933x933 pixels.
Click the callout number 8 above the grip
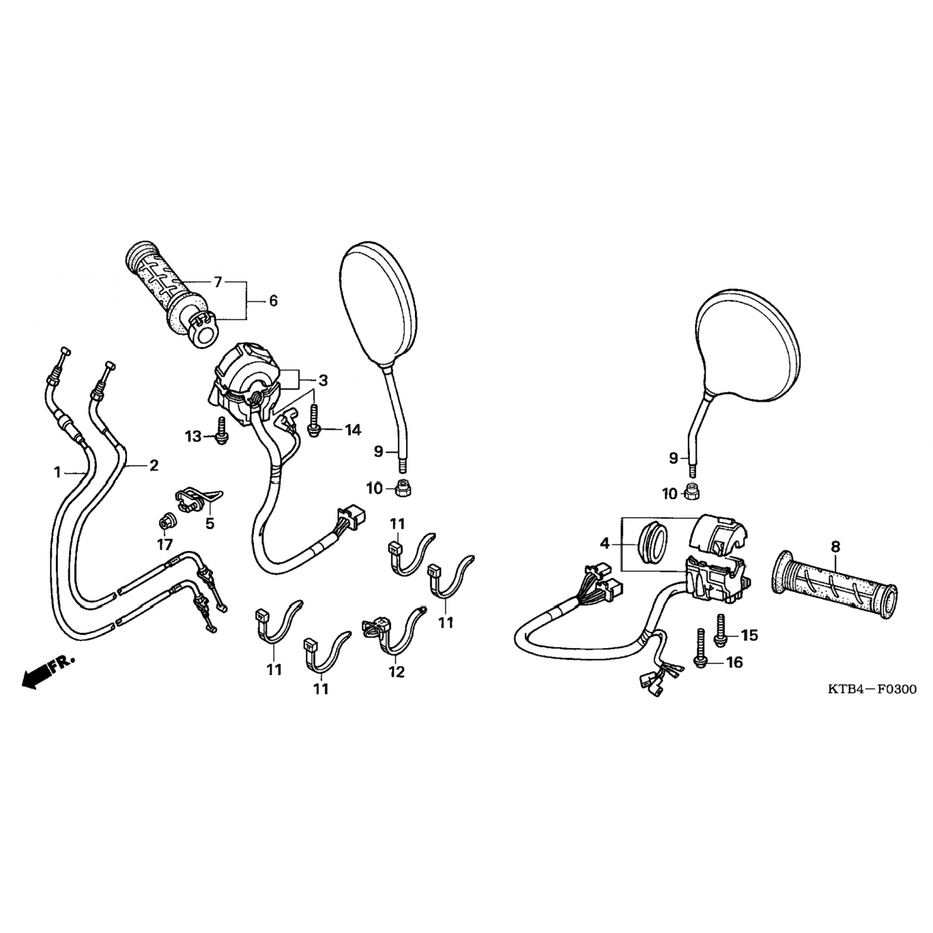835,547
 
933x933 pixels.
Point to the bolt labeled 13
221,430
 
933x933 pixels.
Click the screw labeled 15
721,629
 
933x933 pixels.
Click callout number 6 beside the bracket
272,300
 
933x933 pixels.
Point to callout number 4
605,544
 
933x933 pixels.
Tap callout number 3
323,380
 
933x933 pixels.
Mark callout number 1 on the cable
57,473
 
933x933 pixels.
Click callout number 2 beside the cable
154,465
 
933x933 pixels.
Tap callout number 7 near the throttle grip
218,282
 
